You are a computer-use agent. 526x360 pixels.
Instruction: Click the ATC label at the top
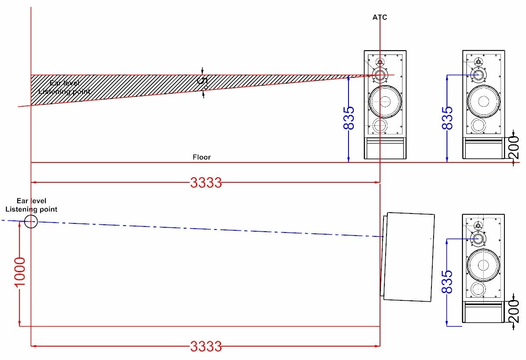[x=380, y=17]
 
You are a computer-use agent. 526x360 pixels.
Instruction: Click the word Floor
[x=202, y=157]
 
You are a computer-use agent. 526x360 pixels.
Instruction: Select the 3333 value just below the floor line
[x=206, y=182]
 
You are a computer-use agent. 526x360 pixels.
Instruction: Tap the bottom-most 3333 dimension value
[x=206, y=346]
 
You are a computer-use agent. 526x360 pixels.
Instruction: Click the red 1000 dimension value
[x=20, y=272]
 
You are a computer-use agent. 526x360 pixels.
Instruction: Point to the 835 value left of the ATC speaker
[x=349, y=118]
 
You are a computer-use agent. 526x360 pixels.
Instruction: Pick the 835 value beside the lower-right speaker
[x=447, y=282]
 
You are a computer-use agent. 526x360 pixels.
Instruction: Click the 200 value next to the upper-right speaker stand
[x=513, y=147]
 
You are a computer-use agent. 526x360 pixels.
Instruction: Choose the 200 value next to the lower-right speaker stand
[x=513, y=311]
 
